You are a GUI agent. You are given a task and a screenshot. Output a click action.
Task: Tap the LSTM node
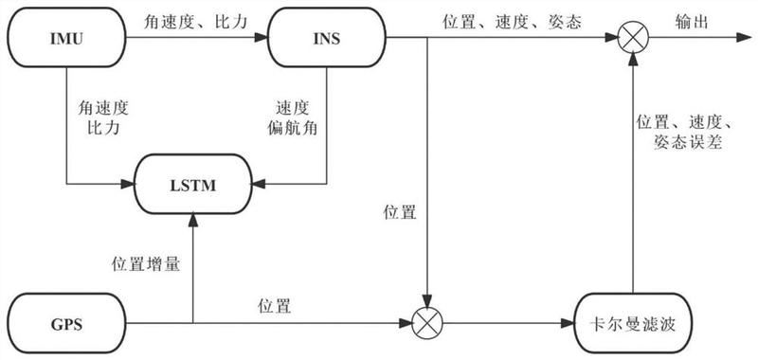[x=193, y=184]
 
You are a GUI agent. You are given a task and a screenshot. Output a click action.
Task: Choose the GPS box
[x=66, y=324]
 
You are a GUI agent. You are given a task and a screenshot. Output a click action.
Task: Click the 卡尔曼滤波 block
[x=633, y=324]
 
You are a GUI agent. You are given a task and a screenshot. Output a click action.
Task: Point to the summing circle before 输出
[x=633, y=38]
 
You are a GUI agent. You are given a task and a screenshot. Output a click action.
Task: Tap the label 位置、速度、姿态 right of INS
[x=512, y=22]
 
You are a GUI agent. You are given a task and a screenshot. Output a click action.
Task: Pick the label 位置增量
[x=146, y=264]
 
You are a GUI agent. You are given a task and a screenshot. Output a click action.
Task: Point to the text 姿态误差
[x=688, y=142]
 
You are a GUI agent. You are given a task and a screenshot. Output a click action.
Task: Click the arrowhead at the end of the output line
[x=744, y=38]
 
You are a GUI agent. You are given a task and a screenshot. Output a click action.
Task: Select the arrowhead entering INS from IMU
[x=262, y=38]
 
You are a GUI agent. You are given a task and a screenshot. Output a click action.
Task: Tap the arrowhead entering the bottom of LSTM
[x=193, y=222]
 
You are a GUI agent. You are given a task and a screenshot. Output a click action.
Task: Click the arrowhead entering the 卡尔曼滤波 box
[x=567, y=323]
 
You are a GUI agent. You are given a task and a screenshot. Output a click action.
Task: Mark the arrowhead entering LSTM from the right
[x=260, y=184]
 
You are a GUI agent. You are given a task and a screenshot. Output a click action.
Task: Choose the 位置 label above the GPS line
[x=275, y=306]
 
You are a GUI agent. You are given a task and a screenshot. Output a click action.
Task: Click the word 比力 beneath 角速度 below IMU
[x=102, y=129]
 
